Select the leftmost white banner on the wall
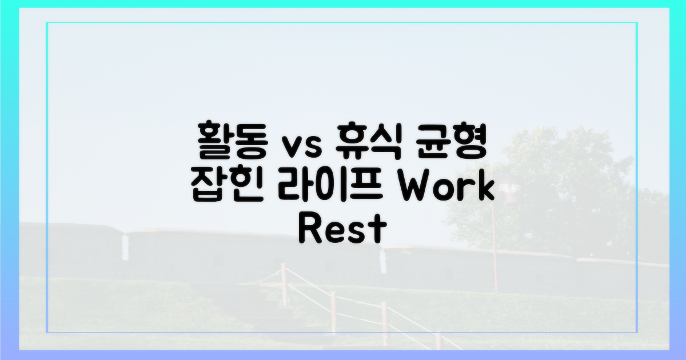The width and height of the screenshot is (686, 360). tap(124, 247)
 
